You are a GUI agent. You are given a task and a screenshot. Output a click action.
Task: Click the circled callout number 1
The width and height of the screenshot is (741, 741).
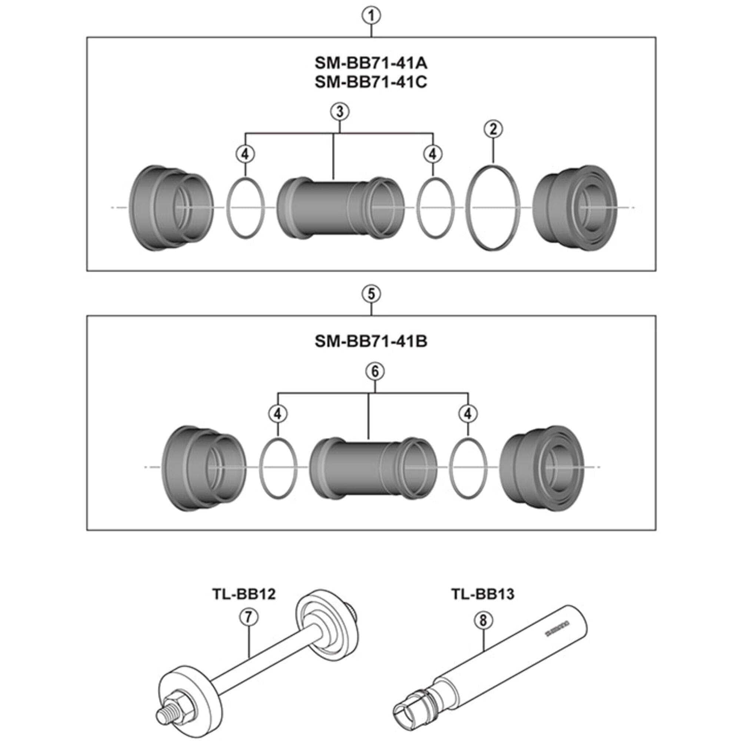(371, 16)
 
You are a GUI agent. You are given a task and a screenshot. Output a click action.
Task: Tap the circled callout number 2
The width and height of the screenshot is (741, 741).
(493, 129)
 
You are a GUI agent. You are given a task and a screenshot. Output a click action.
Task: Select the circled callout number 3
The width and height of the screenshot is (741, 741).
(339, 112)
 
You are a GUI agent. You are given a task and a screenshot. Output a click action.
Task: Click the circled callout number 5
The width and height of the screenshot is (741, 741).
(371, 294)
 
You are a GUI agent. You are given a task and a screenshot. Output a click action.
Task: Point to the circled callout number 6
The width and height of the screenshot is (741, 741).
(375, 371)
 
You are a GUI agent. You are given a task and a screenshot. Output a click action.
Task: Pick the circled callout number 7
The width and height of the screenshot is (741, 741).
(249, 618)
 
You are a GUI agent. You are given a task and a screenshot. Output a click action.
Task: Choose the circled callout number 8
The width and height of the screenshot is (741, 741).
(483, 620)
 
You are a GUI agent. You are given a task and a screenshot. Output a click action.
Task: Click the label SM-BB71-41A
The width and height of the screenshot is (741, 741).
(371, 63)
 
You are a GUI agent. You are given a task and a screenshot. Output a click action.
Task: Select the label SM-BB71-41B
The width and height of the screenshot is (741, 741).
(371, 341)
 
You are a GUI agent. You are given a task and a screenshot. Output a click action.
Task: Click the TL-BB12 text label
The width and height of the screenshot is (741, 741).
(244, 594)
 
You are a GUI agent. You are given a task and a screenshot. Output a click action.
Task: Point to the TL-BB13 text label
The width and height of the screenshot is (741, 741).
(482, 594)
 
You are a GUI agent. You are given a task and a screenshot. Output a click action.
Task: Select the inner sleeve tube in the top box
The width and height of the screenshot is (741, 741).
(340, 207)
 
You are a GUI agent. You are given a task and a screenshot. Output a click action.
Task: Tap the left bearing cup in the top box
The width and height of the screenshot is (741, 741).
(171, 207)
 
